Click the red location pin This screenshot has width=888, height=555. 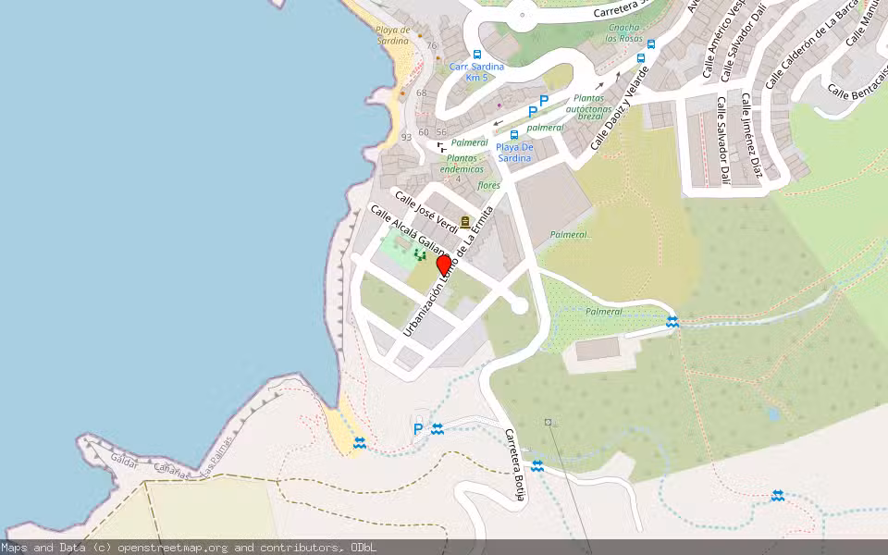pos(444,265)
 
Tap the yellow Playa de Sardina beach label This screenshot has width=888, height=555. pos(392,35)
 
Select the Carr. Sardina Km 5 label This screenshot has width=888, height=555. pos(476,72)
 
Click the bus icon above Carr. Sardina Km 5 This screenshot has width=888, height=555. pos(477,55)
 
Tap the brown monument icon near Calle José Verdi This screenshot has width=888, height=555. pos(464,222)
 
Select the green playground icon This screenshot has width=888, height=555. pos(421,253)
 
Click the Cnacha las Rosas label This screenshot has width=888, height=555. pos(623,32)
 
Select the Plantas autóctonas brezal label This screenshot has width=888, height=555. pos(590,107)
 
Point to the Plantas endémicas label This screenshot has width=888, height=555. pos(462,163)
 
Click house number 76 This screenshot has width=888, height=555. pos(431,45)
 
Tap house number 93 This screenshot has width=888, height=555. pos(406,137)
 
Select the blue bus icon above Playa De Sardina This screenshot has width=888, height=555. pos(514,135)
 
